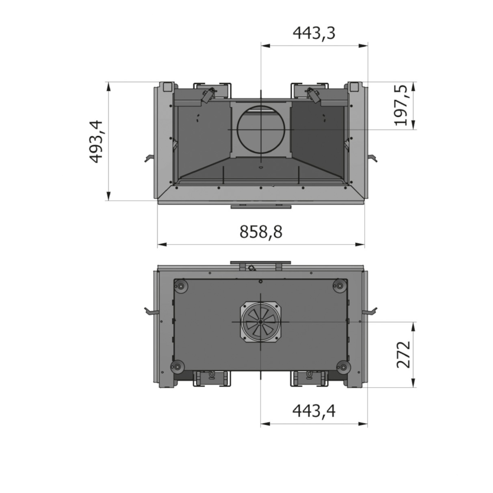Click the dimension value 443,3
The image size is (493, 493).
click(x=314, y=33)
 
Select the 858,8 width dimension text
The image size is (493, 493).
click(x=261, y=232)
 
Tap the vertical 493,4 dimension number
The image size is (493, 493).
click(x=96, y=141)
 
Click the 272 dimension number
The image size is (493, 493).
click(x=404, y=354)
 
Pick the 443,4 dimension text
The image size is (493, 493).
click(x=314, y=411)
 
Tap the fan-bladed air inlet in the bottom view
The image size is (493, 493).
click(x=261, y=322)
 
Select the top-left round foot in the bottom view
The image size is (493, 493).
click(x=181, y=286)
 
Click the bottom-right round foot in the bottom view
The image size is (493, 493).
click(x=342, y=368)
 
